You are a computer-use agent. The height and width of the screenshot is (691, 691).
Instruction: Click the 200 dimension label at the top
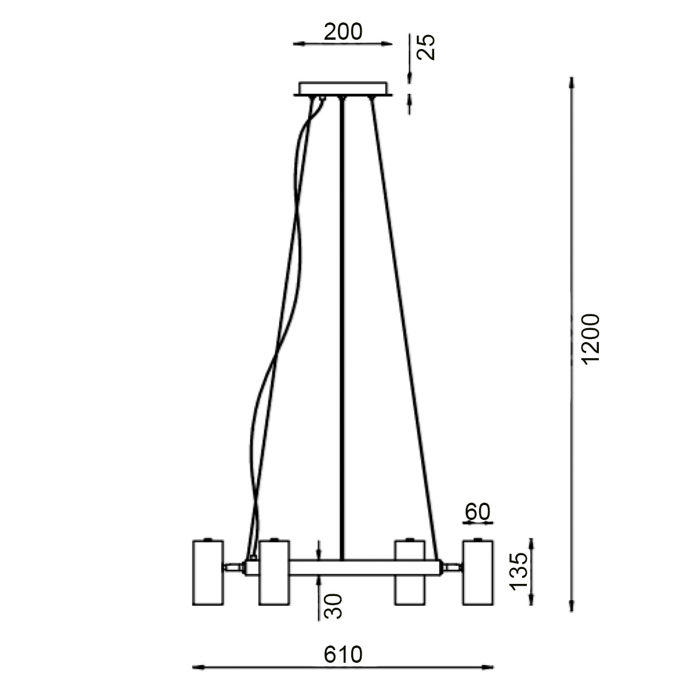pyautogui.click(x=343, y=32)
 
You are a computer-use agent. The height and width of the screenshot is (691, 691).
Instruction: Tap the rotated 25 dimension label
pyautogui.click(x=426, y=47)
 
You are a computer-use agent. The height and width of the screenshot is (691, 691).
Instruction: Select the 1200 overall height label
pyautogui.click(x=590, y=340)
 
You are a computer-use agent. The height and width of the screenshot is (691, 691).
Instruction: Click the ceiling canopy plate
pyautogui.click(x=343, y=89)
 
